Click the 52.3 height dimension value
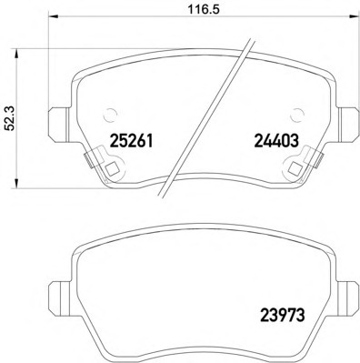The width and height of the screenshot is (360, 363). point(10,118)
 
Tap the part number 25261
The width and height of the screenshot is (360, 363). point(131,141)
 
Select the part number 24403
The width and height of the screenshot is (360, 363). point(276,141)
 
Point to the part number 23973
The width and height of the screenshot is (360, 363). point(282,316)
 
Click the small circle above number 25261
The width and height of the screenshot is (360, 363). point(109,115)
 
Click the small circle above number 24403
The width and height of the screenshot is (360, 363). point(296,115)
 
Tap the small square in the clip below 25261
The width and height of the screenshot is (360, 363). point(112,168)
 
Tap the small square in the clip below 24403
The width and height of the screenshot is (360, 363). point(295,168)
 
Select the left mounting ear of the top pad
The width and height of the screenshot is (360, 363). point(59,125)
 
